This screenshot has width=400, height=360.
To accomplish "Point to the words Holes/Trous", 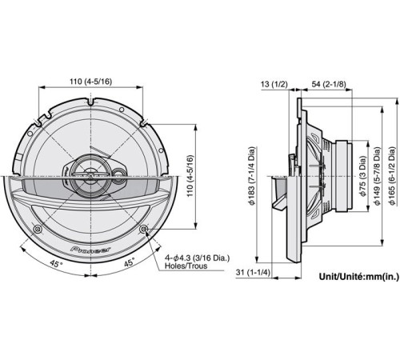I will click(186, 268).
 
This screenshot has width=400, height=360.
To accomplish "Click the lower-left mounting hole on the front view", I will click(38, 230).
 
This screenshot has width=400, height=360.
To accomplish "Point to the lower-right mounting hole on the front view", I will click(144, 230).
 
